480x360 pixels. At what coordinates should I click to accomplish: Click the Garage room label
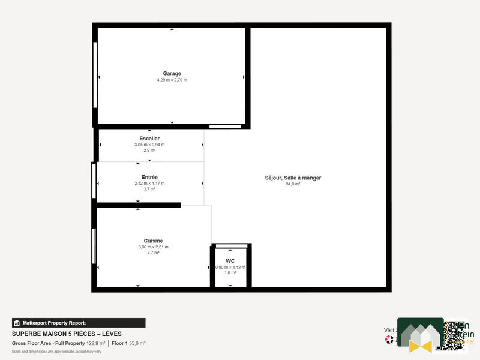click(x=172, y=74)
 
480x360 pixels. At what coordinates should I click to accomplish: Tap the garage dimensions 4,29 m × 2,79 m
click(x=172, y=80)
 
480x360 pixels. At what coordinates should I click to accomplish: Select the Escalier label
click(x=149, y=139)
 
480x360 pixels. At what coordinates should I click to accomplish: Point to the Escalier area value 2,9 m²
click(x=149, y=151)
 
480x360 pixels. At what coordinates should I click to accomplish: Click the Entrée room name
click(x=149, y=177)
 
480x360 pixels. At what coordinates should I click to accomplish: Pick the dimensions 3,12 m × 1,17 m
click(x=149, y=183)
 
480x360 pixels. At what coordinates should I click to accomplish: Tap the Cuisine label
click(x=153, y=241)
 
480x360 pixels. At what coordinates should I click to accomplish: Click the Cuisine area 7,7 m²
click(x=153, y=253)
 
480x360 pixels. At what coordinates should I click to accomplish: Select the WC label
click(x=230, y=261)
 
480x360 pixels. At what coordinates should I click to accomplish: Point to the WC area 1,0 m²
click(x=230, y=273)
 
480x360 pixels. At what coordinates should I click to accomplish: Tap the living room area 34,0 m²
click(x=293, y=184)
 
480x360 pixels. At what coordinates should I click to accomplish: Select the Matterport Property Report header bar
click(x=79, y=322)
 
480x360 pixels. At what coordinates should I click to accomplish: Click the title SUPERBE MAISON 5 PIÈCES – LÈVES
click(x=66, y=333)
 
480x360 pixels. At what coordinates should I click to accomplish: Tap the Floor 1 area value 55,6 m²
click(x=137, y=343)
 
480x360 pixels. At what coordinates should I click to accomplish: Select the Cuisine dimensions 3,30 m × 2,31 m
click(x=153, y=247)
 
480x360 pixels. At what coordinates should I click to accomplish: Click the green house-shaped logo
click(x=419, y=334)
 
